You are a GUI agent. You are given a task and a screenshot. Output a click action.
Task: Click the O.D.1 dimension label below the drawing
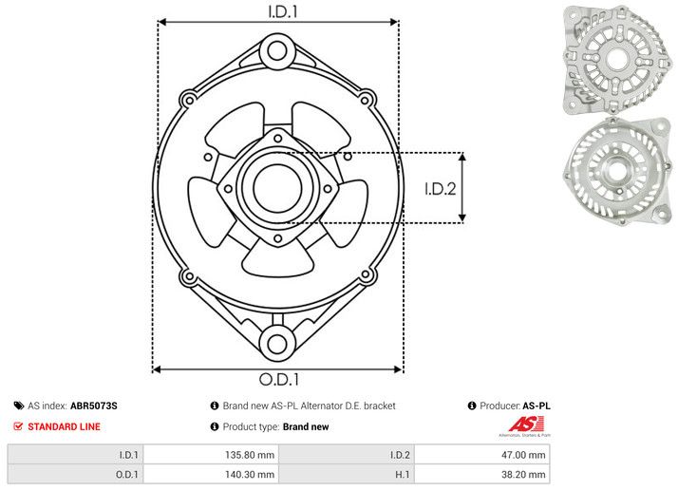(x=277, y=380)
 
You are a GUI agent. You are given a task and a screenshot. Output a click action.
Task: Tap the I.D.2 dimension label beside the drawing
(x=441, y=188)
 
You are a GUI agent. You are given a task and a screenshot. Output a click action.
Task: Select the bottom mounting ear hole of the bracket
(x=276, y=344)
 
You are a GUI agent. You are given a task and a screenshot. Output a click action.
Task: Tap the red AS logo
(x=528, y=426)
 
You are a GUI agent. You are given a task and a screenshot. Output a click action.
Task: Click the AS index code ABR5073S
(x=94, y=406)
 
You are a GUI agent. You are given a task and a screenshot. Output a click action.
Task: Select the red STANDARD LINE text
(x=64, y=427)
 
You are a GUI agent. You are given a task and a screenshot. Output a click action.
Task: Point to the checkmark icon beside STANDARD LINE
(x=18, y=427)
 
